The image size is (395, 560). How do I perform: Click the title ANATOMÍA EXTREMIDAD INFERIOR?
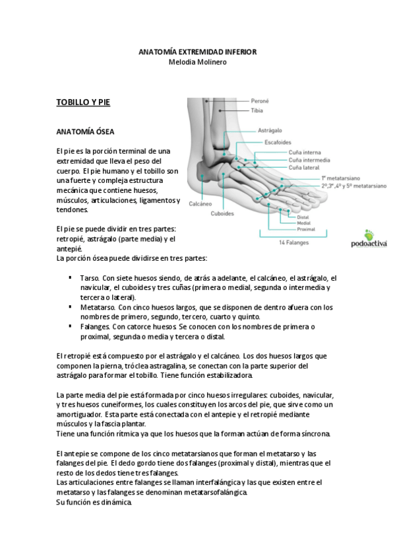coord(198,52)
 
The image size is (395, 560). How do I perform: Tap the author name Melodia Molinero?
coord(198,62)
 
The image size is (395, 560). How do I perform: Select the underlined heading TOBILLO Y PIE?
coord(83,102)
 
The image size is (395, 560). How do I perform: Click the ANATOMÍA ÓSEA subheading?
coord(85,132)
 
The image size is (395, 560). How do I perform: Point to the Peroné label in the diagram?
coord(260,101)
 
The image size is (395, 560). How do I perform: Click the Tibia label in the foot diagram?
coord(257,111)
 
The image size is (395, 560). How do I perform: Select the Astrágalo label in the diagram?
coord(270,130)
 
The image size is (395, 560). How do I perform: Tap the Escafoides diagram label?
coord(278,142)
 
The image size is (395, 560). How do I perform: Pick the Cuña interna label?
coord(305,153)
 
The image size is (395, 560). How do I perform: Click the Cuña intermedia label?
coord(309,160)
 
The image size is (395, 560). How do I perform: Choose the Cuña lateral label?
coord(304,168)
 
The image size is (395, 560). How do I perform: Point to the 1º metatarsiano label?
coord(340,178)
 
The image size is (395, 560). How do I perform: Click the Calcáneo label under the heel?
coord(200,204)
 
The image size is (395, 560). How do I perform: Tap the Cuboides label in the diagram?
coord(222,213)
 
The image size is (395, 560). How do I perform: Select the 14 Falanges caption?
coord(293,243)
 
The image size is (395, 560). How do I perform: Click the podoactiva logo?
coord(369,238)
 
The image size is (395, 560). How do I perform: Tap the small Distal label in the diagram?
coord(303,217)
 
